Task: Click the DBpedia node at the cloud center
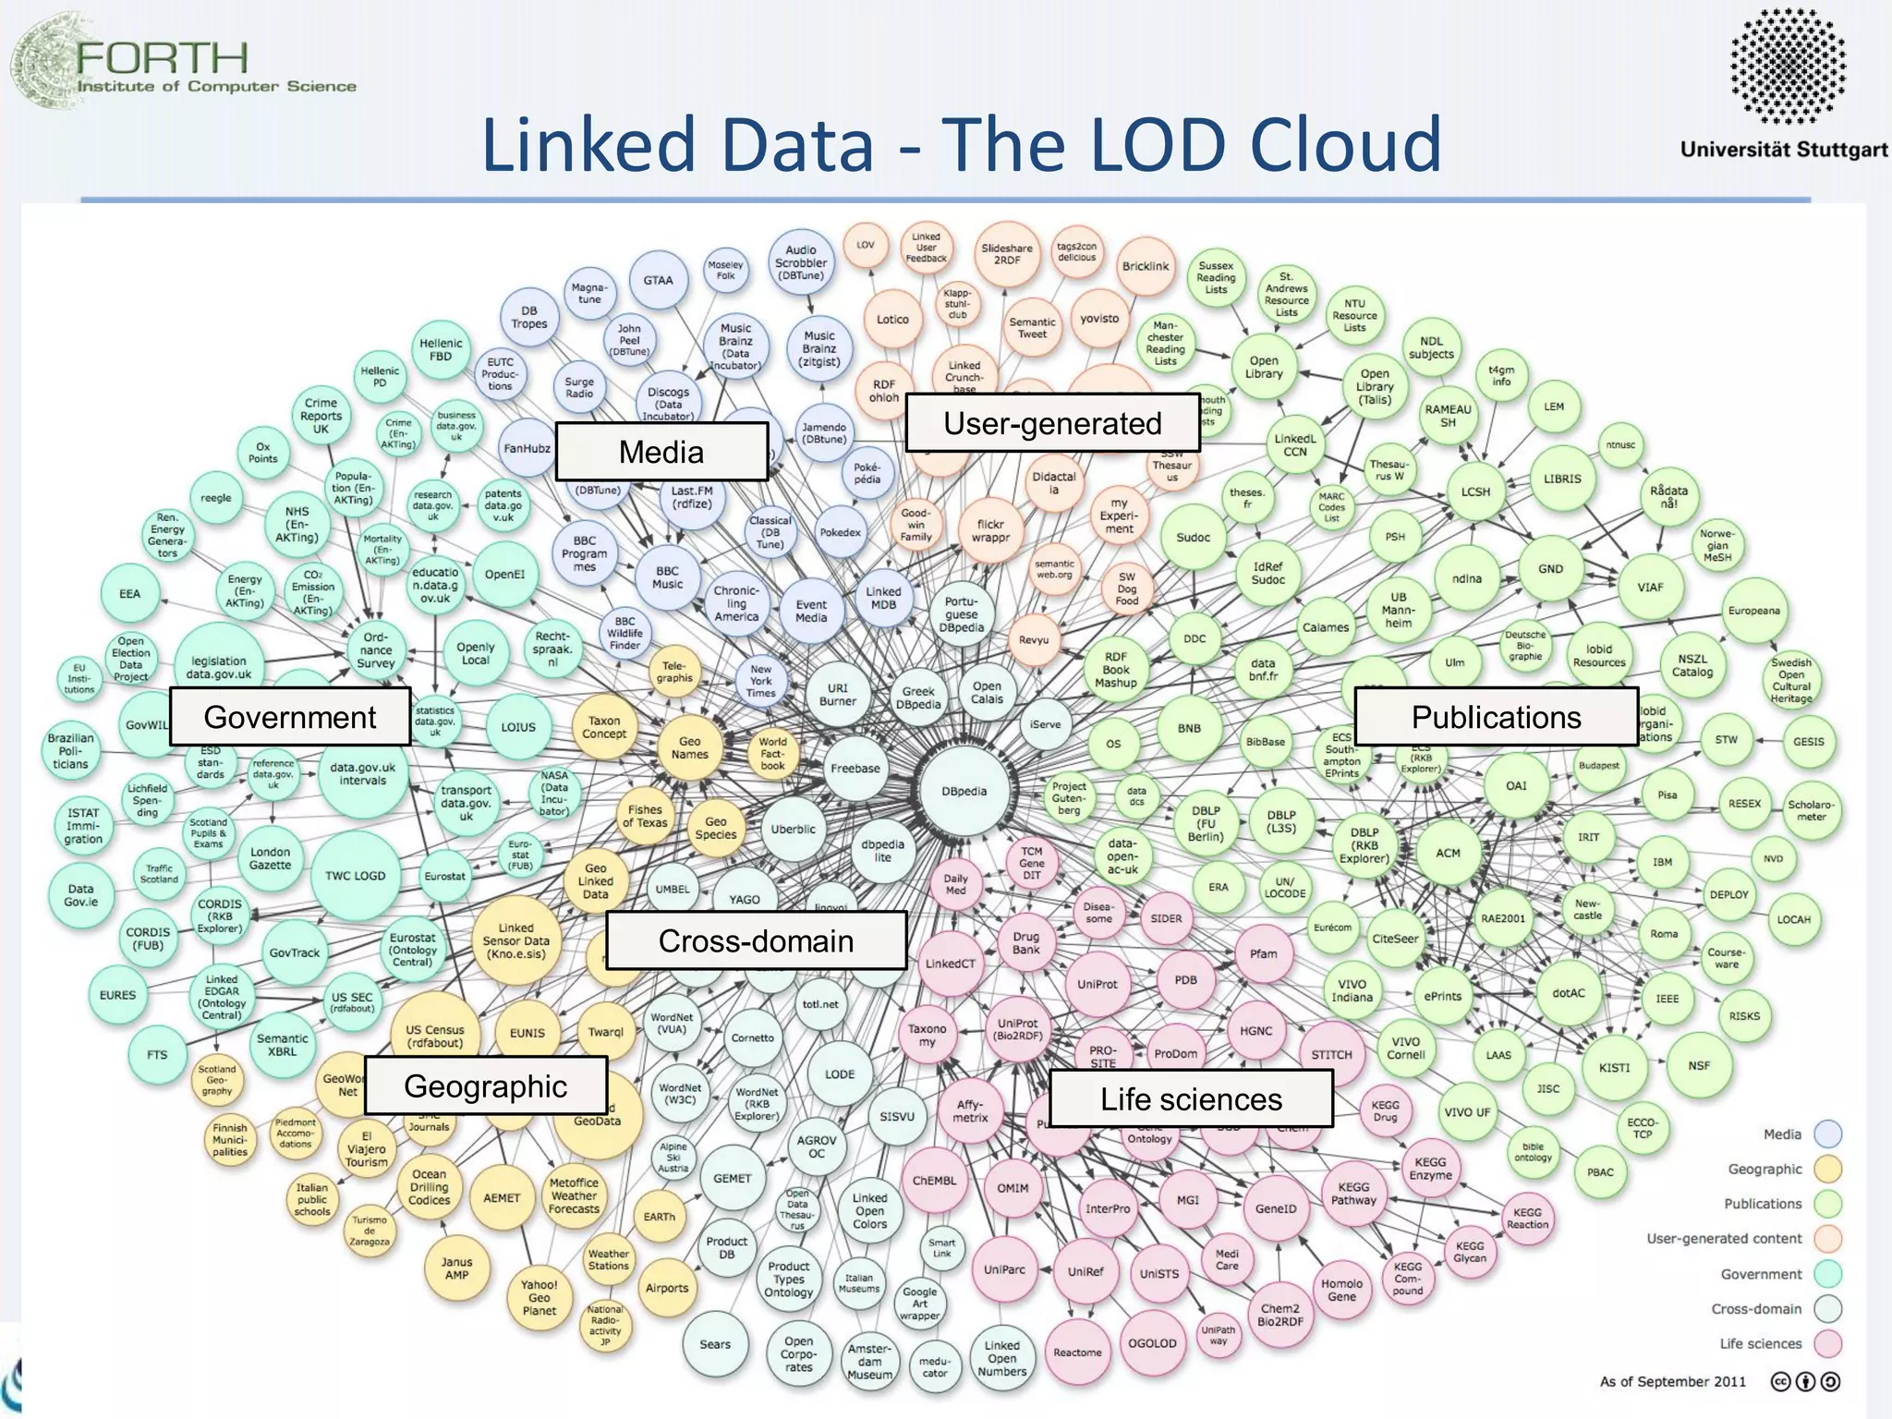click(964, 792)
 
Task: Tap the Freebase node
click(855, 769)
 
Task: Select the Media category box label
click(661, 452)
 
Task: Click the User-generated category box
click(1052, 423)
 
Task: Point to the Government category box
click(290, 717)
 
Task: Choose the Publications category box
click(1496, 717)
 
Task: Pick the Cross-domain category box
click(756, 940)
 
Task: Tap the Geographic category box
click(486, 1086)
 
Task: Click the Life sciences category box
click(1191, 1099)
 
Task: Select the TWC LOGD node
click(356, 876)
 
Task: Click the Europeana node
click(1753, 611)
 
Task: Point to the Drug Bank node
click(1025, 942)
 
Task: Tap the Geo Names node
click(689, 747)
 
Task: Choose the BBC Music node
click(667, 577)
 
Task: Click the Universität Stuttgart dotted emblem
click(1787, 67)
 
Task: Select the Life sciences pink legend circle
click(1827, 1343)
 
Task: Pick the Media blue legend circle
click(1827, 1134)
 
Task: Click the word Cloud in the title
click(1345, 145)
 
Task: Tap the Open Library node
click(1264, 368)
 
